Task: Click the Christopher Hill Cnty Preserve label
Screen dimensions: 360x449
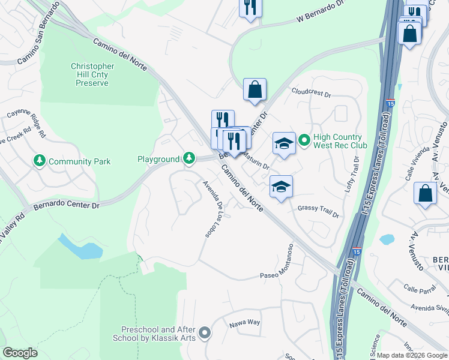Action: point(92,74)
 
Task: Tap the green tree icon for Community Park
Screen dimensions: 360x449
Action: point(40,161)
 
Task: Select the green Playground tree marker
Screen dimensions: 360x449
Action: point(189,158)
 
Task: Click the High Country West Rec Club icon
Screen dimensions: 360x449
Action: point(304,141)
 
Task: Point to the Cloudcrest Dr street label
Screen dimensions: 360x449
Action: point(311,94)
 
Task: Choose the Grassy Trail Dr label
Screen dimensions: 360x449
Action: point(318,212)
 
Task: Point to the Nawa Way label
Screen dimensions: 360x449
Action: point(244,323)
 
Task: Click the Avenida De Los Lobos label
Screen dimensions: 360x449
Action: point(212,209)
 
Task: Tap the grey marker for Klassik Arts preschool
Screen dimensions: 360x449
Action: point(205,332)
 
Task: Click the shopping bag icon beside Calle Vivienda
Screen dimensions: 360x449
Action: point(425,194)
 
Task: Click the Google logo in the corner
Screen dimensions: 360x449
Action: point(20,352)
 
